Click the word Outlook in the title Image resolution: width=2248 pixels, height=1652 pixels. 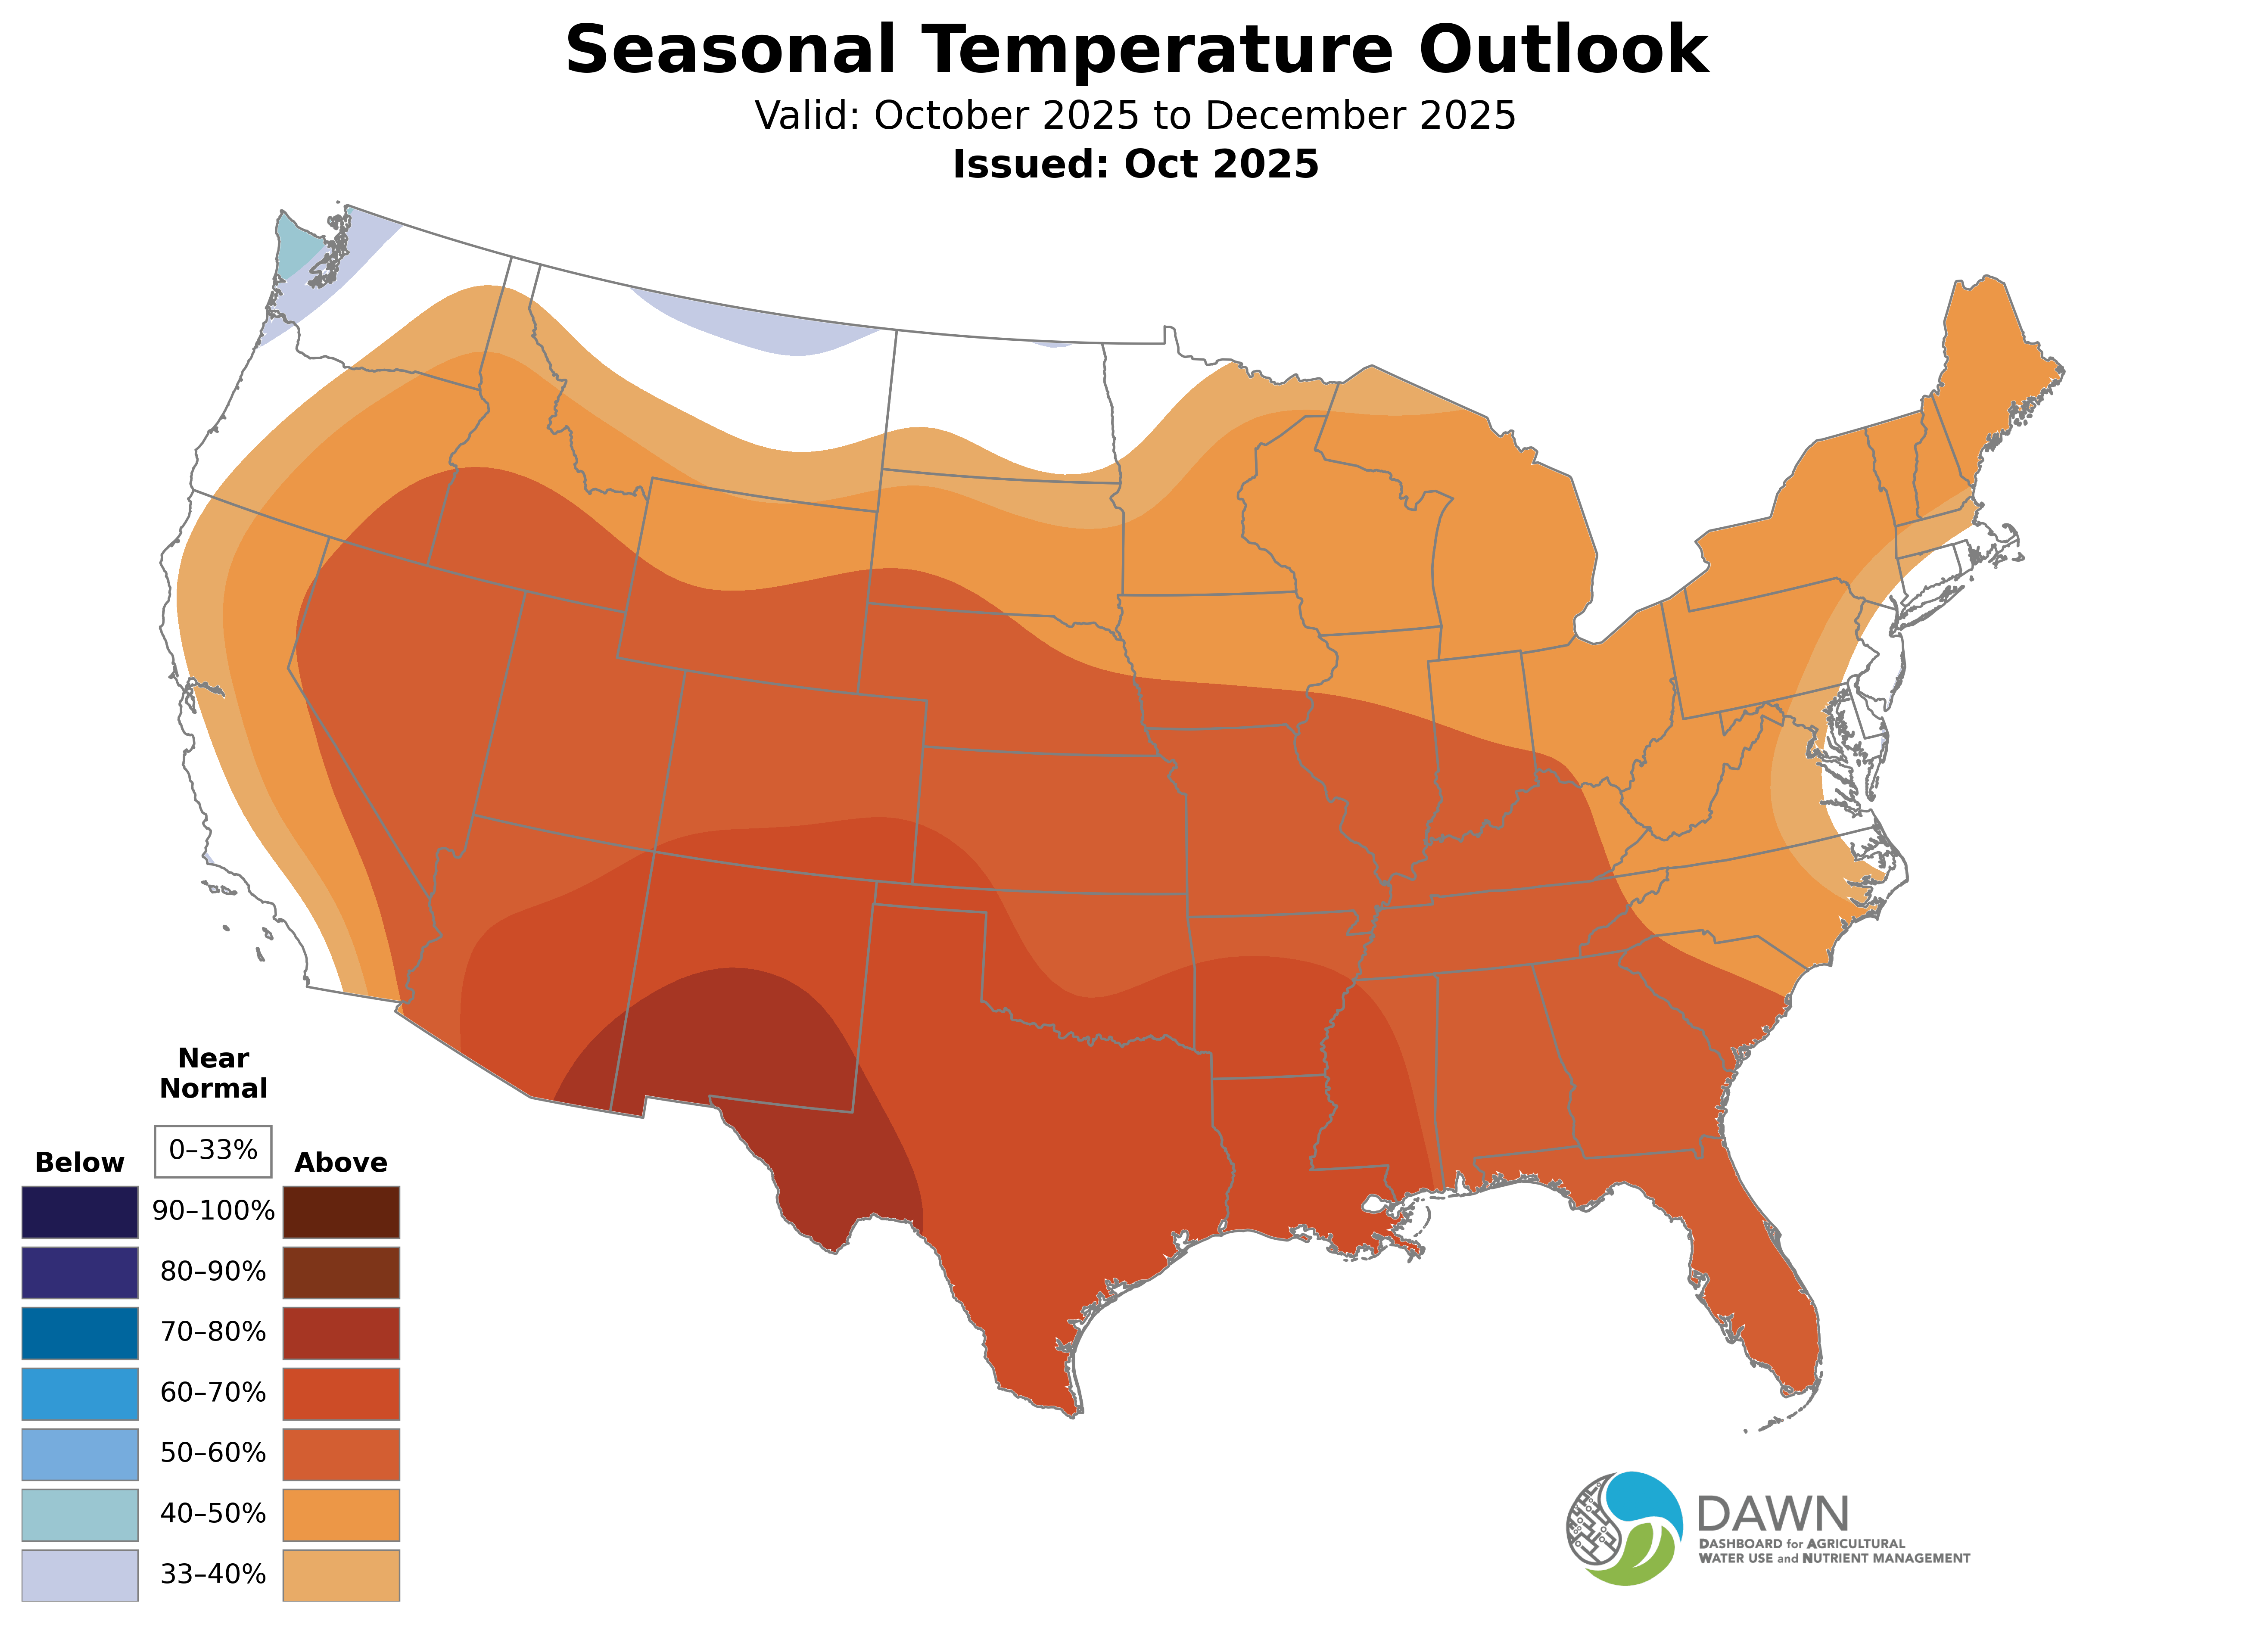tap(1563, 50)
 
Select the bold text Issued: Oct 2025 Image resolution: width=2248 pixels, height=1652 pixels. tap(1135, 164)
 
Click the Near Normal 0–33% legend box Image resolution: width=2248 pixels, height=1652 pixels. tap(213, 1151)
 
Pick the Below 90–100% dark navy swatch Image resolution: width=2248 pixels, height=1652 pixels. tap(80, 1212)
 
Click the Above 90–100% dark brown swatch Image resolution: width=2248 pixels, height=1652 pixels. tap(341, 1212)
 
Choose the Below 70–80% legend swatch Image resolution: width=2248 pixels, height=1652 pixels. tap(80, 1333)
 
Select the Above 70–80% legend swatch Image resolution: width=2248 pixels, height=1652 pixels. tap(341, 1333)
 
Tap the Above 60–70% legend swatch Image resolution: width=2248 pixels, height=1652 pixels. tap(341, 1394)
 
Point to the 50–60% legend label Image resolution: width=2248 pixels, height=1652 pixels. tap(213, 1453)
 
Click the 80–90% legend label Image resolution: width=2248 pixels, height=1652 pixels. tap(213, 1272)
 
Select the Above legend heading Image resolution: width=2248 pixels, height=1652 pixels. tap(341, 1163)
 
